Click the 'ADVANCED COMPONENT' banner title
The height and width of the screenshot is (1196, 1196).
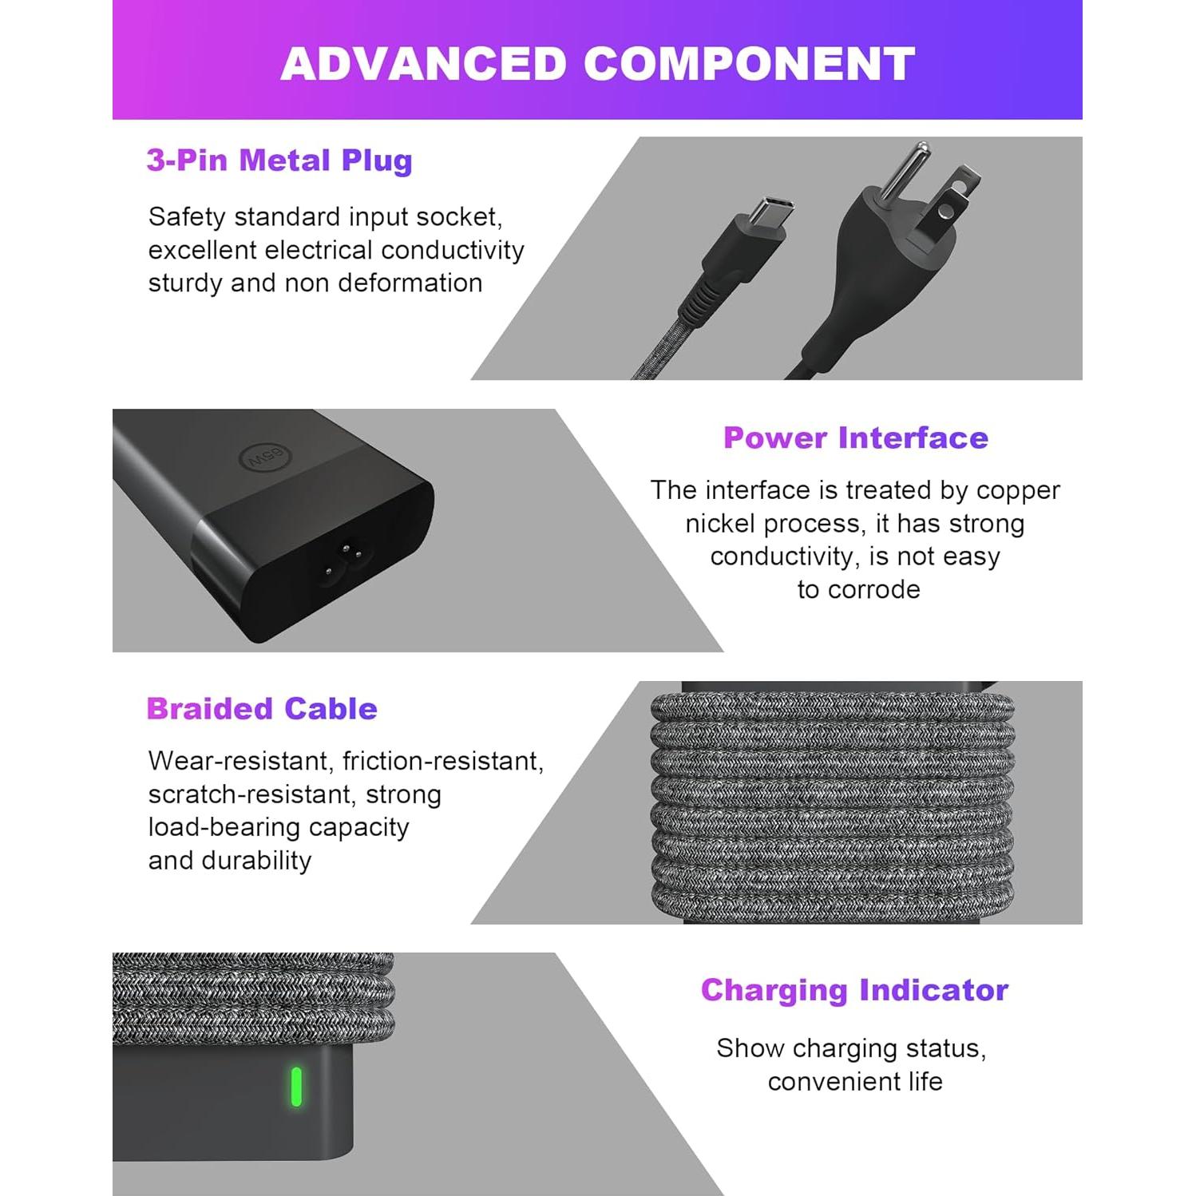[597, 64]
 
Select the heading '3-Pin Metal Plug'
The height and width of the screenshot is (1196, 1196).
[279, 160]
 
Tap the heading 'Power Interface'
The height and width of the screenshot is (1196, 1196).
[855, 438]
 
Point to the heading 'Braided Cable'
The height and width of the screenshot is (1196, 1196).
[262, 709]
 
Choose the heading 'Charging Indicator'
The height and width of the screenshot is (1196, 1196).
[854, 990]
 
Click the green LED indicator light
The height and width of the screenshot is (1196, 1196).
[296, 1087]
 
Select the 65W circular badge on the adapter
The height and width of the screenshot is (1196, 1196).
[267, 457]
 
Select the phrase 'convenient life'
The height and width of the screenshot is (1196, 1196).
[855, 1082]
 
